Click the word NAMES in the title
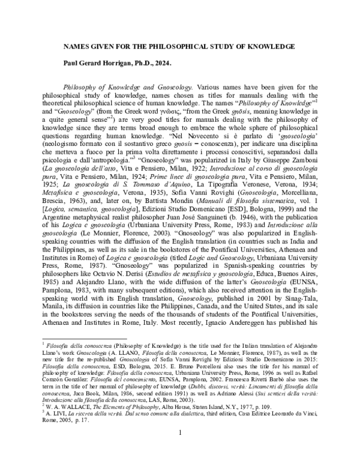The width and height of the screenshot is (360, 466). coord(77,46)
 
